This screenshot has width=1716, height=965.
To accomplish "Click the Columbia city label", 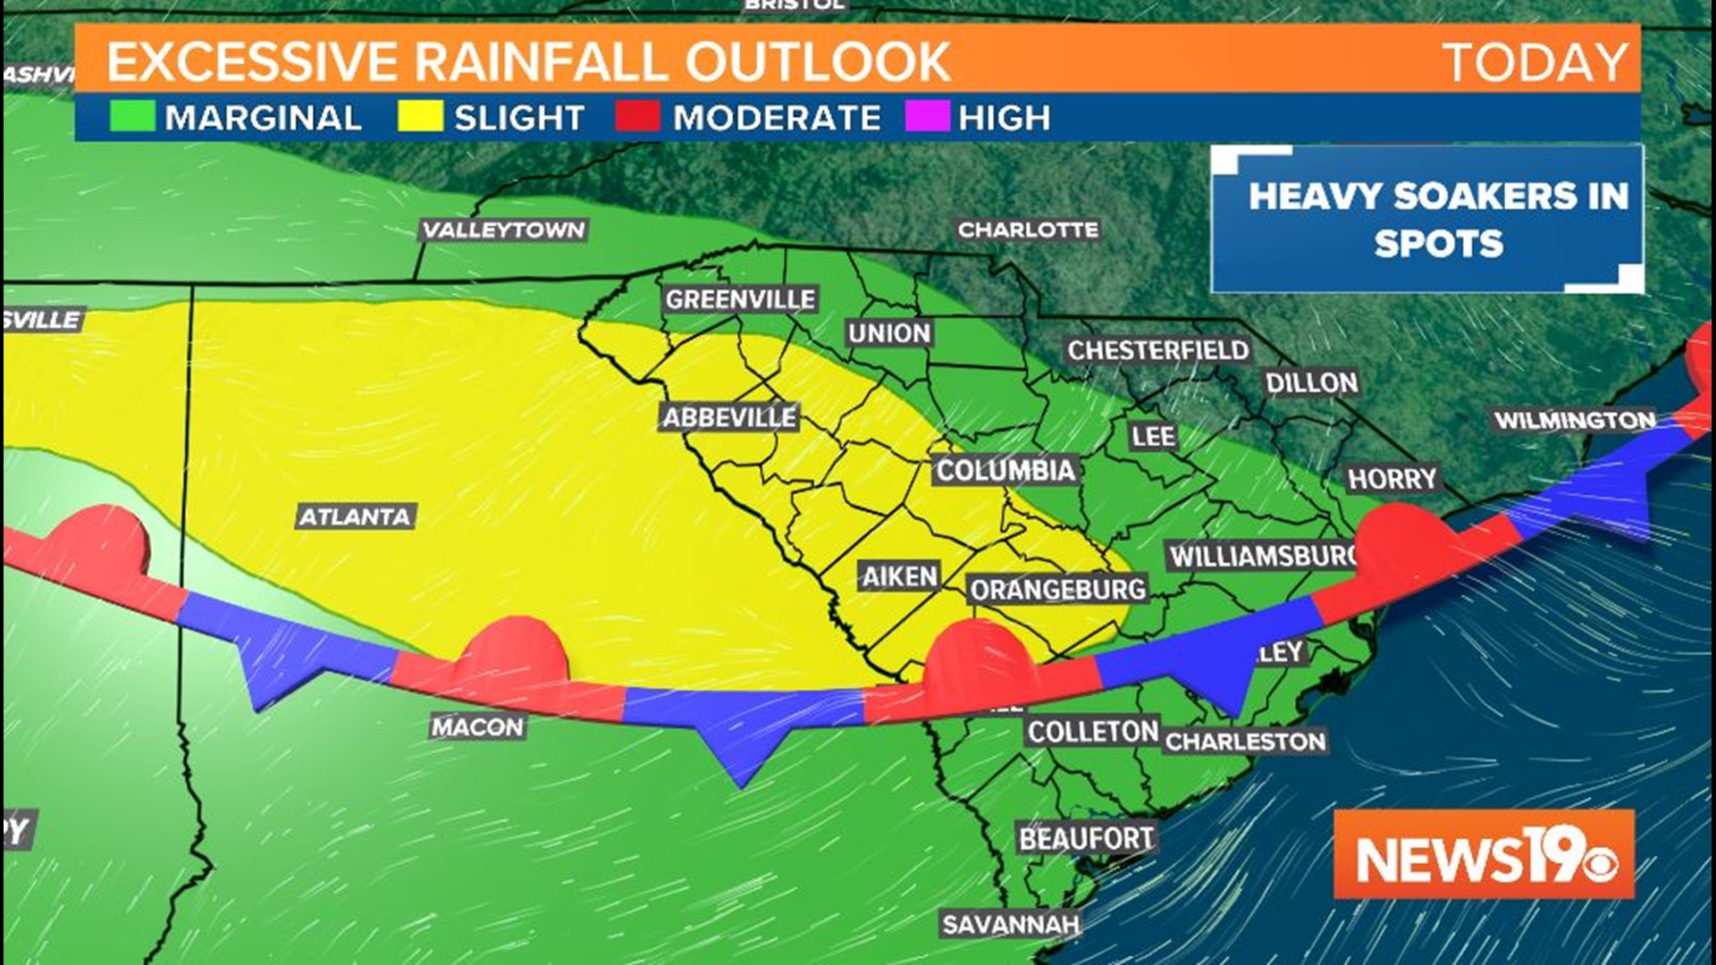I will pyautogui.click(x=1005, y=470).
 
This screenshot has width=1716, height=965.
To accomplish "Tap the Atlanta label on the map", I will pyautogui.click(x=355, y=516).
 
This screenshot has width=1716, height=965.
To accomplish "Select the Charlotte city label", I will pyautogui.click(x=1028, y=230).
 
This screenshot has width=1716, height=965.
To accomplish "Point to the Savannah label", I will pyautogui.click(x=1011, y=924).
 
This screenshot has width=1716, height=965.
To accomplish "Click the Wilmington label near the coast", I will pyautogui.click(x=1575, y=420).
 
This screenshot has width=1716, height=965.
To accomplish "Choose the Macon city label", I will pyautogui.click(x=477, y=727).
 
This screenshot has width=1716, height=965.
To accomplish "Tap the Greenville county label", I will pyautogui.click(x=740, y=299).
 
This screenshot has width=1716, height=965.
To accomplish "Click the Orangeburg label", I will pyautogui.click(x=1058, y=590).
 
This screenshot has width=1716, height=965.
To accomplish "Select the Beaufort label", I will pyautogui.click(x=1087, y=838).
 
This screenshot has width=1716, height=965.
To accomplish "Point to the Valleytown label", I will pyautogui.click(x=504, y=230).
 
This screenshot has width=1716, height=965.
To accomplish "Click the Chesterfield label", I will pyautogui.click(x=1158, y=350).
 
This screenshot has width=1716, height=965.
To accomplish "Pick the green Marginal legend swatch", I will pyautogui.click(x=132, y=117).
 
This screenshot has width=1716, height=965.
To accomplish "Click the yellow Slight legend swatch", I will pyautogui.click(x=420, y=117).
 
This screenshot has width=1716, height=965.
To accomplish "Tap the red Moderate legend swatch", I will pyautogui.click(x=637, y=117).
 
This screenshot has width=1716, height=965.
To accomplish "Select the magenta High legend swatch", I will pyautogui.click(x=927, y=117).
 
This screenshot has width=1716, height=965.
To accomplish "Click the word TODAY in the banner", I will pyautogui.click(x=1535, y=62).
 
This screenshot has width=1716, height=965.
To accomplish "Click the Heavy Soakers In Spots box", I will pyautogui.click(x=1427, y=219).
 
